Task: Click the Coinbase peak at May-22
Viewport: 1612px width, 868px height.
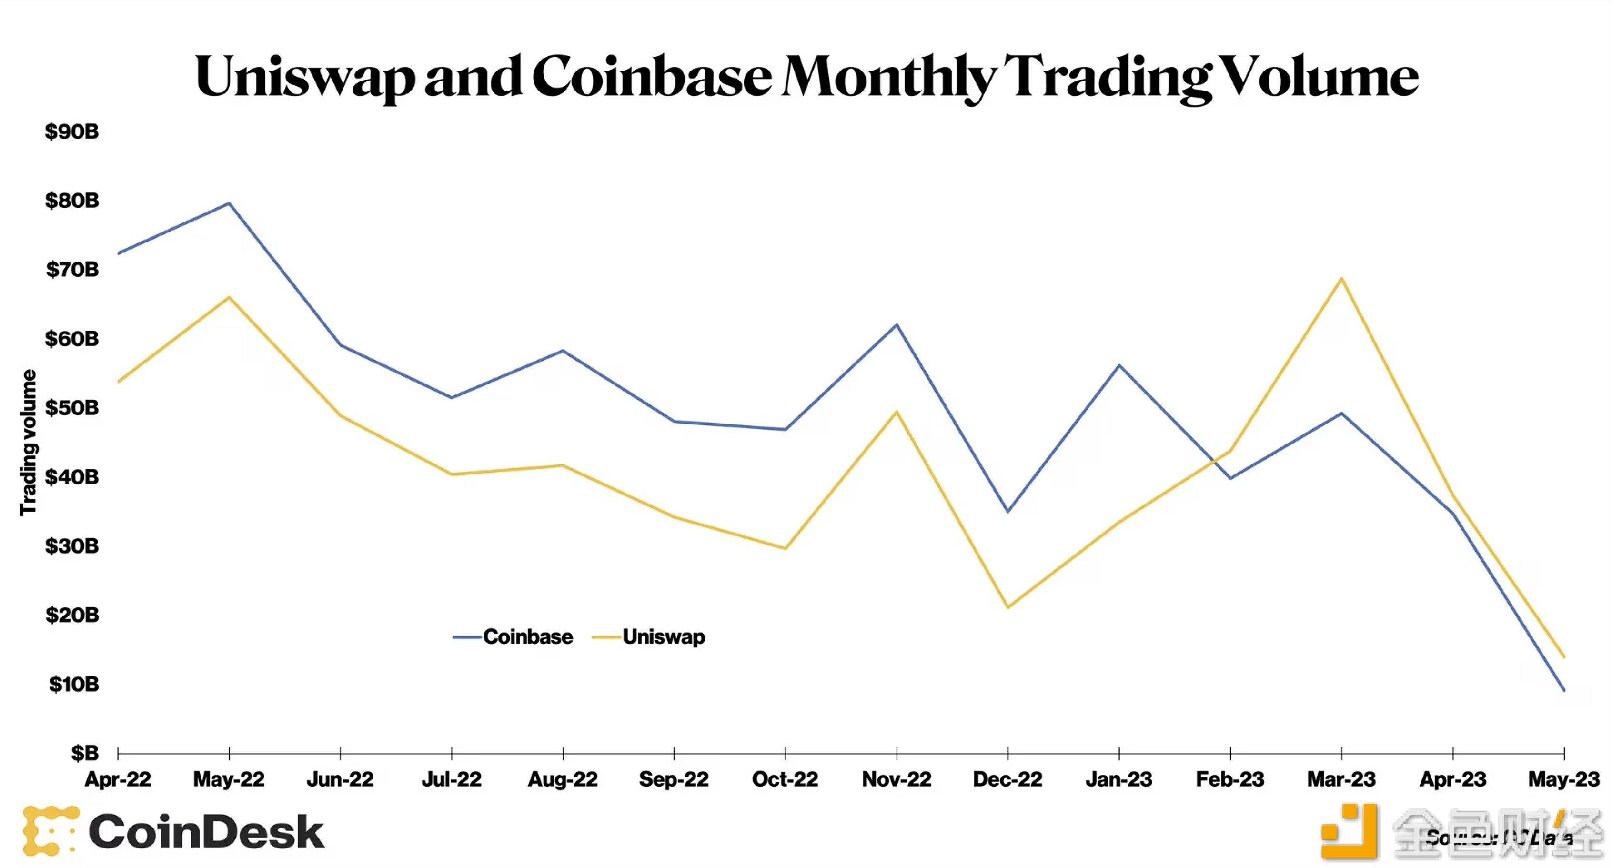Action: (x=229, y=203)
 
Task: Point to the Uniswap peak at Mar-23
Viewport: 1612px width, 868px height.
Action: (x=1341, y=279)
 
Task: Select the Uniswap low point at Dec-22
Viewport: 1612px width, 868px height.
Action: (x=1007, y=607)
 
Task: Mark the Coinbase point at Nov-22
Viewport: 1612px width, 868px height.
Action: (x=897, y=325)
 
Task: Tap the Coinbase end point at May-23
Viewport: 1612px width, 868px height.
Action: (x=1564, y=690)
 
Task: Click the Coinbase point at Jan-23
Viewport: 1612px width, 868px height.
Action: (x=1119, y=365)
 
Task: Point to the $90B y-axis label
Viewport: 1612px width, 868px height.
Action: (x=71, y=131)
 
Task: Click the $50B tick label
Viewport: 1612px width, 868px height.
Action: (x=71, y=408)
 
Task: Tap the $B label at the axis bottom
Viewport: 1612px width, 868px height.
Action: (x=84, y=753)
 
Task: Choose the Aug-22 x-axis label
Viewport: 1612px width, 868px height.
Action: (x=563, y=779)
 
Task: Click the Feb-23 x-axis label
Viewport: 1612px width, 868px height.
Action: (x=1229, y=779)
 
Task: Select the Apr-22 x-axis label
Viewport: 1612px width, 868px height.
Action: (x=118, y=779)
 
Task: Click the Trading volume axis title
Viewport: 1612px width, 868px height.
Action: (x=28, y=443)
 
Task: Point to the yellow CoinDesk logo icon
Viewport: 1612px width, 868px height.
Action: (x=50, y=830)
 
